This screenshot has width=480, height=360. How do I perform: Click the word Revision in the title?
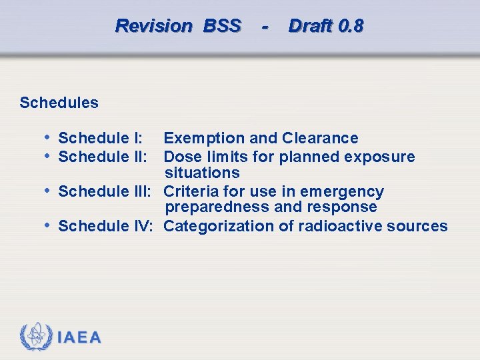[x=153, y=26]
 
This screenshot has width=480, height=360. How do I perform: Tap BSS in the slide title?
[x=222, y=26]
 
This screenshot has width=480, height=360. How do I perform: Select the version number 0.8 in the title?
[x=351, y=26]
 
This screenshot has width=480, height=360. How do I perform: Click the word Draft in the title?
[x=311, y=26]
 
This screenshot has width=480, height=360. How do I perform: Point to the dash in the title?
[x=265, y=27]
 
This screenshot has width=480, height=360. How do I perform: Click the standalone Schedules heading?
[x=59, y=103]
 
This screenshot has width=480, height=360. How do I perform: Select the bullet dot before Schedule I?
[x=47, y=137]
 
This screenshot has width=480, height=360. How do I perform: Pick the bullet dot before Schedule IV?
[x=47, y=225]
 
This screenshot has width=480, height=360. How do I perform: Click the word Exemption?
[x=204, y=138]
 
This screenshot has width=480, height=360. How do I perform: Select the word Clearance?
[x=320, y=138]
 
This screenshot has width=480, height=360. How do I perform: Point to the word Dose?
[x=181, y=157]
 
